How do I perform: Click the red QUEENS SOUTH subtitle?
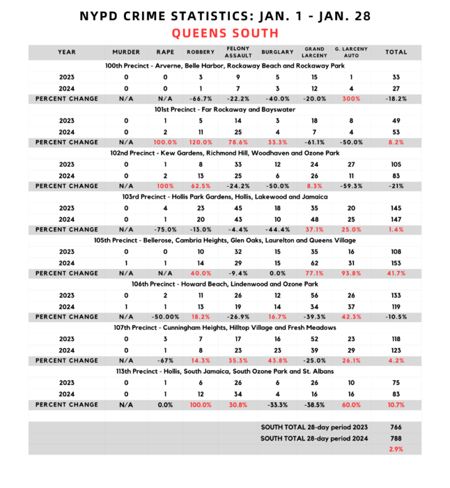tap(224, 33)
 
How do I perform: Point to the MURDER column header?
tap(126, 52)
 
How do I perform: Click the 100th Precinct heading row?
tap(224, 66)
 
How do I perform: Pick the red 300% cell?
tap(351, 99)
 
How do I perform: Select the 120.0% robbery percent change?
tap(200, 142)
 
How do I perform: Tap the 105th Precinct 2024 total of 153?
tap(396, 262)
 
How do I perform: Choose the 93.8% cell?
tap(351, 273)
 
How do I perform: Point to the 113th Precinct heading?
tap(224, 371)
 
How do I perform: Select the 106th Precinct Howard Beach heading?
tap(224, 284)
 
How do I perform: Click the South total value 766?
tap(396, 427)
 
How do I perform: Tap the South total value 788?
tap(396, 438)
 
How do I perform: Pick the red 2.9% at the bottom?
tap(396, 449)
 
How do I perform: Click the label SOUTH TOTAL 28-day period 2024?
tap(314, 438)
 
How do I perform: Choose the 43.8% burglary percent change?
tap(272, 360)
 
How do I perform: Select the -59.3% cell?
tap(351, 186)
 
